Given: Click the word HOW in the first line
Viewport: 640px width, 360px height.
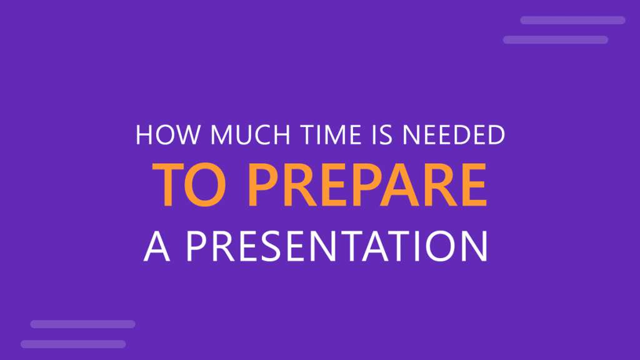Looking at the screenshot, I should (x=159, y=136).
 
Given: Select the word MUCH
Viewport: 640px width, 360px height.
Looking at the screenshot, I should (x=236, y=136).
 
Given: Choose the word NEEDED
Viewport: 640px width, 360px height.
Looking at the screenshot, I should (x=447, y=136).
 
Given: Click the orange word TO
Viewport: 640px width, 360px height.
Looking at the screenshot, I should (x=194, y=186).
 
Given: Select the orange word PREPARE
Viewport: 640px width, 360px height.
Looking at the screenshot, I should (x=367, y=186).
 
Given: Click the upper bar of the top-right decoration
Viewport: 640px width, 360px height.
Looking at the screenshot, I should (x=572, y=20).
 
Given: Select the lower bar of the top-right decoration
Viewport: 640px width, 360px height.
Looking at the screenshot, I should (x=555, y=40).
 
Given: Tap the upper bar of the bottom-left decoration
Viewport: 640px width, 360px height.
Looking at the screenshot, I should (x=82, y=324).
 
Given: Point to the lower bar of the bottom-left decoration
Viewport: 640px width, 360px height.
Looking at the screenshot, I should (x=73, y=344).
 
